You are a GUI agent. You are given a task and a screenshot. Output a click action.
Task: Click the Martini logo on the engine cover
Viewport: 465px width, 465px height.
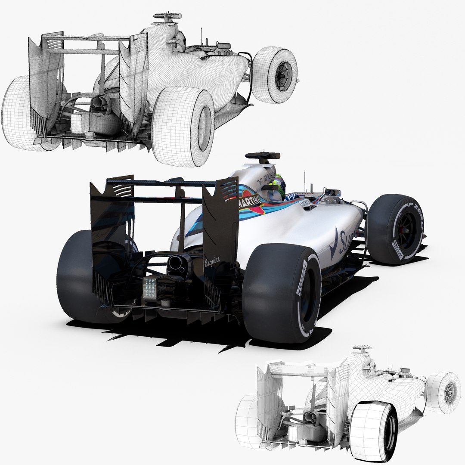click(250, 201)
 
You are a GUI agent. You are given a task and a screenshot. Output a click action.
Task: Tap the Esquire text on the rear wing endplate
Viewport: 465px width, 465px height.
click(212, 260)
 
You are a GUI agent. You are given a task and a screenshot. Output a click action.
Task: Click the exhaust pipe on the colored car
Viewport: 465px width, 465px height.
click(176, 263)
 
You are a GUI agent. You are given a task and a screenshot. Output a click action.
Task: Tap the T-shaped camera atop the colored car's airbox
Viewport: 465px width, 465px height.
click(262, 155)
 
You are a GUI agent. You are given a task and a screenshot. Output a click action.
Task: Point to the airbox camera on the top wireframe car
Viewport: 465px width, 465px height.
click(166, 17)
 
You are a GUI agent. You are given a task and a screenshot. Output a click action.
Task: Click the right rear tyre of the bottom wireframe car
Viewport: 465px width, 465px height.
click(373, 431)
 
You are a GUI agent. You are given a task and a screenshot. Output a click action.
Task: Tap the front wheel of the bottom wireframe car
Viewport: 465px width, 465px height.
click(443, 392)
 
